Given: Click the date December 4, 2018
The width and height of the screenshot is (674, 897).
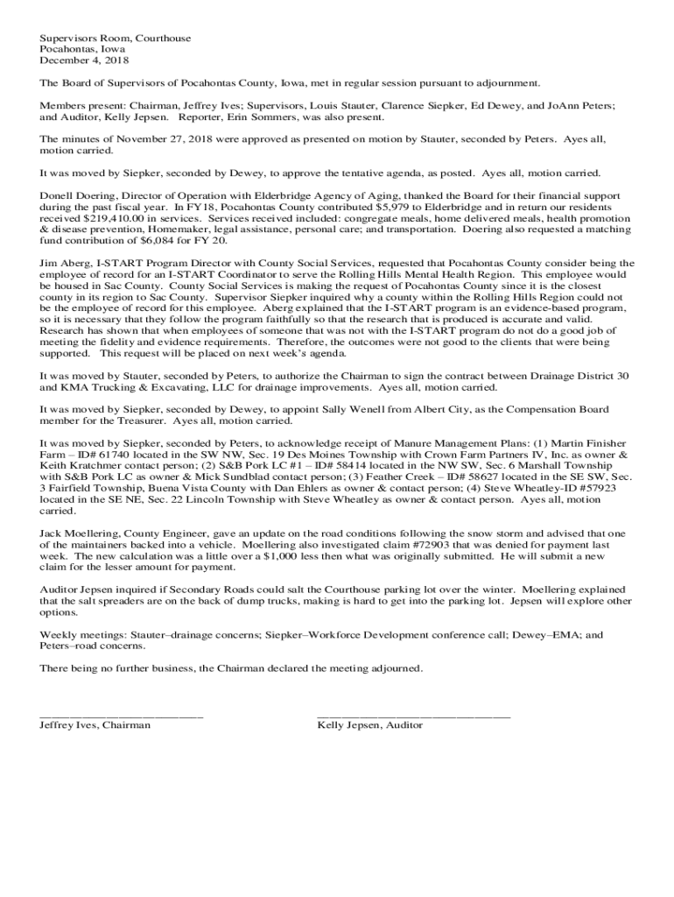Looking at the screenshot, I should pos(84,61).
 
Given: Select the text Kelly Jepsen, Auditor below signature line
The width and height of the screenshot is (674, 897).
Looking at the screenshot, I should pos(369,725).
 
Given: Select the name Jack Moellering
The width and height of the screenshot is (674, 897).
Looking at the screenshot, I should pos(80,533).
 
